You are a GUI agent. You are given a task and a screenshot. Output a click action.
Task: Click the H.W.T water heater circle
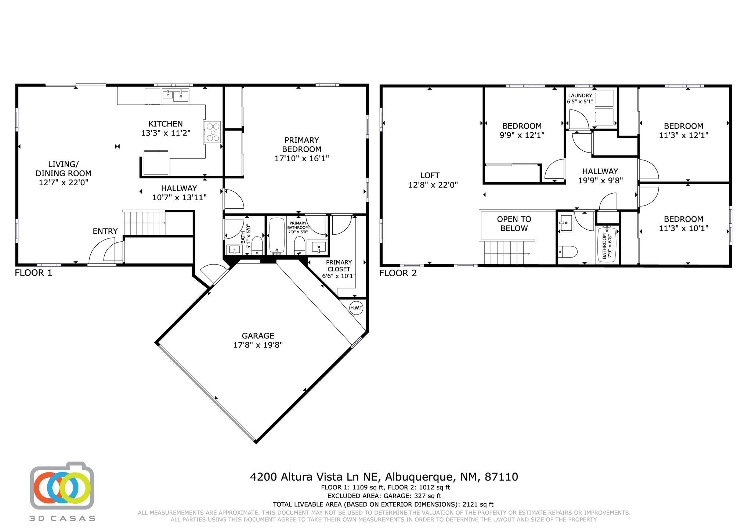point(356,308)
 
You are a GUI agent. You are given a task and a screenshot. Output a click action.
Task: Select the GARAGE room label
point(258,336)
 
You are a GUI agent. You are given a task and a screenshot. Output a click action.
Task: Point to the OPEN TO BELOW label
point(514,224)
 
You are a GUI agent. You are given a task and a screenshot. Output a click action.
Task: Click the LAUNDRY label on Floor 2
point(580,96)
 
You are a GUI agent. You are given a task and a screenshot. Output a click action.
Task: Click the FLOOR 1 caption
point(33,273)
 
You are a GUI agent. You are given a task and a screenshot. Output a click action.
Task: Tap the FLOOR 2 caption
point(398,273)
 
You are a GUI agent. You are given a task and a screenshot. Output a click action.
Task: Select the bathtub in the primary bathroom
point(277,236)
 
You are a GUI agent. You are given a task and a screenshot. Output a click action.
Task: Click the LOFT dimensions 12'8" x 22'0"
point(433,185)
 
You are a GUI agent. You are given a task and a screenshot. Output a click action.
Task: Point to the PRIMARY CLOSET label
point(339,266)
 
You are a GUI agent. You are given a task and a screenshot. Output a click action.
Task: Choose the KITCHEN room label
point(166,124)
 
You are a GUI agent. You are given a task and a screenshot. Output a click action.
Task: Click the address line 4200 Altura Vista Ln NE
point(317,477)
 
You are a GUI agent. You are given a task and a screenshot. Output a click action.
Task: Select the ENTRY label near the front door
point(105,231)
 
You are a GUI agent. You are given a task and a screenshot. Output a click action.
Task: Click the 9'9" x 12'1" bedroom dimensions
point(522,135)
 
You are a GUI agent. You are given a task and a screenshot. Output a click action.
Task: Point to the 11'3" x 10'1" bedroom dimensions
point(683,228)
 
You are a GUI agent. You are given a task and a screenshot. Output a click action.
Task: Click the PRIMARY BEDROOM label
point(302,145)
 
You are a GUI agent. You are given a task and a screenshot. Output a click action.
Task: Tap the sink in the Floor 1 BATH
point(235,250)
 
